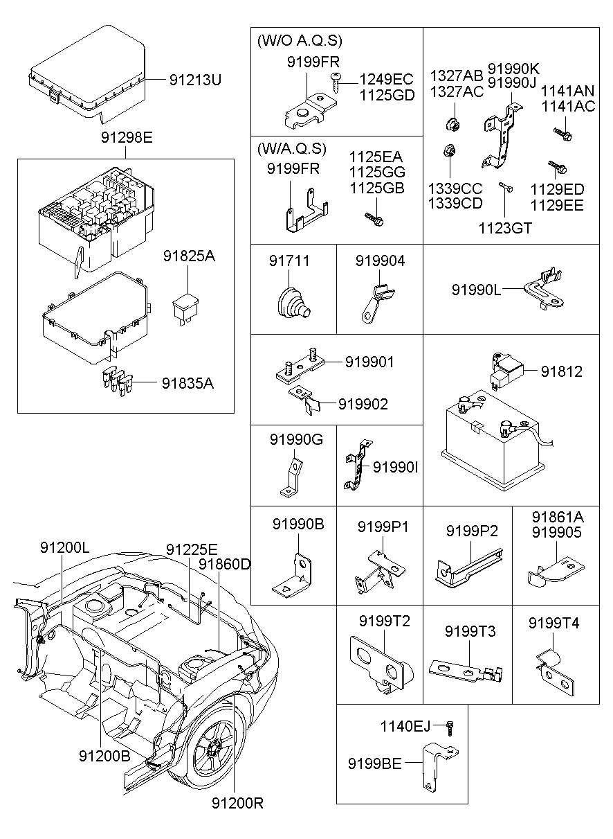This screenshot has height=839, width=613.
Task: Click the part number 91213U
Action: pos(195,80)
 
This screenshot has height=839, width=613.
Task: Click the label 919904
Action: pos(380,261)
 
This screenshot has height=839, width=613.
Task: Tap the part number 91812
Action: pos(561,371)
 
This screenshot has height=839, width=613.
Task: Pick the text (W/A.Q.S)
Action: pos(291,149)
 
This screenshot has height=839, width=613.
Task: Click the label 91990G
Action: pos(296,439)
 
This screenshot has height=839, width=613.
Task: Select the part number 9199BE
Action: pos(374,763)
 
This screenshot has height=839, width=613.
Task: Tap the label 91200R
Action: pos(237,803)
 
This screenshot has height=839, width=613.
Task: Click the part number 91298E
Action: pos(125,137)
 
